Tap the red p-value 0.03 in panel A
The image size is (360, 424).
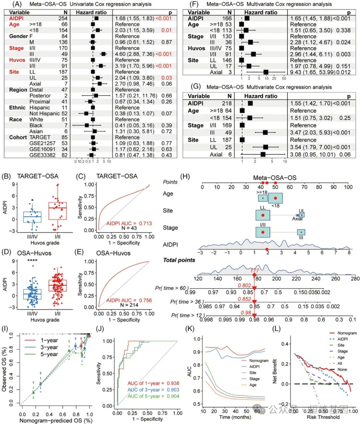pos(167,78)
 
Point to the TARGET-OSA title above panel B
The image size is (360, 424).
pos(38,176)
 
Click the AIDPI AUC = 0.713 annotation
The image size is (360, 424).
pos(129,223)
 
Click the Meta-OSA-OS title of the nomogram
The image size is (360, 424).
pos(275,178)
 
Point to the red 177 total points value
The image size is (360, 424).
pos(255,271)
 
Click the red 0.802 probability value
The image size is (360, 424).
pos(244,285)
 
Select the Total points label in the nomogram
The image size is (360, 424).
pos(179,260)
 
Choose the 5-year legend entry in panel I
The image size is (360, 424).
pos(49,354)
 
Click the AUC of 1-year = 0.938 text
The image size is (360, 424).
pos(153,383)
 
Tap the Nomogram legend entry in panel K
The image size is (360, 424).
pos(259,360)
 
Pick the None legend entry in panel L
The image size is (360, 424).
pos(342,369)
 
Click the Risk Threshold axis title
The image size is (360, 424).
pos(323,417)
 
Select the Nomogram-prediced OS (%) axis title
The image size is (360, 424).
pos(56,420)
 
